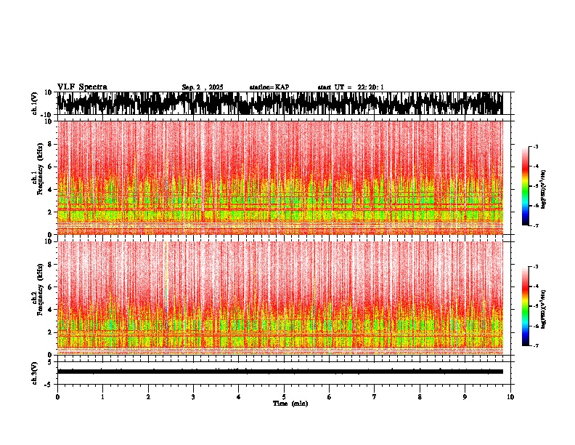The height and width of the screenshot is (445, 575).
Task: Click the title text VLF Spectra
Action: pyautogui.click(x=82, y=87)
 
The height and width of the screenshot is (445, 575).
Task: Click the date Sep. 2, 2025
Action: pyautogui.click(x=203, y=87)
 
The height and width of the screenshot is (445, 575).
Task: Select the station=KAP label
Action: pyautogui.click(x=269, y=87)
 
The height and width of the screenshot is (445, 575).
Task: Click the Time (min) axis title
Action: pyautogui.click(x=290, y=404)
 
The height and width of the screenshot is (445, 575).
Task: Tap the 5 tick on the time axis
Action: pyautogui.click(x=284, y=397)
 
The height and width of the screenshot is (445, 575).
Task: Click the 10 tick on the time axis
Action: pyautogui.click(x=510, y=397)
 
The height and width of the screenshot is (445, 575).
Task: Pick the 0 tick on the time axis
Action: pyautogui.click(x=57, y=397)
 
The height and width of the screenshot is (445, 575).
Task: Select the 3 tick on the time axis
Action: pyautogui.click(x=193, y=397)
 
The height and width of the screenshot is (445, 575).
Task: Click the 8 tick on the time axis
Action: pyautogui.click(x=420, y=397)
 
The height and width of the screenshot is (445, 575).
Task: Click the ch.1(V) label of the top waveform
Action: pyautogui.click(x=35, y=103)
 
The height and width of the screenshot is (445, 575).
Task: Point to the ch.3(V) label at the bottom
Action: pyautogui.click(x=35, y=372)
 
